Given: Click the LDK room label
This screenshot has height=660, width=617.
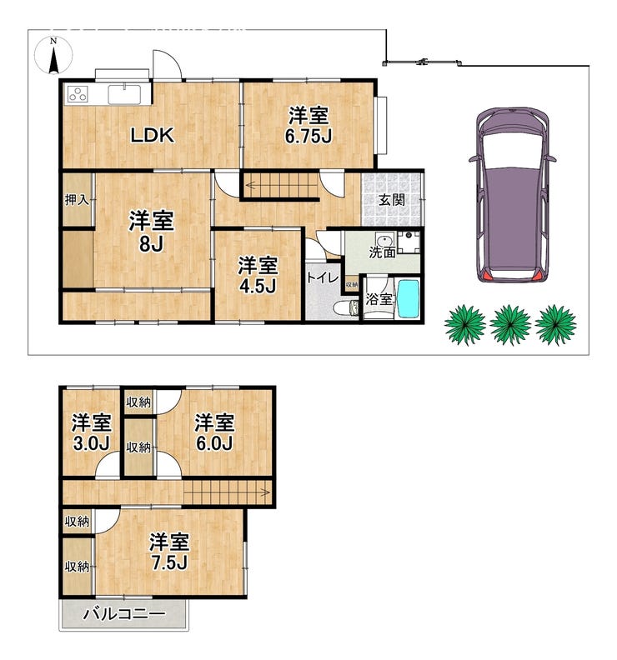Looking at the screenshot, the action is point(152,136).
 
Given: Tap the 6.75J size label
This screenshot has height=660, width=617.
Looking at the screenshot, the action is point(308,136).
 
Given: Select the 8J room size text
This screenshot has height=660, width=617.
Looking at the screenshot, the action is point(151,243).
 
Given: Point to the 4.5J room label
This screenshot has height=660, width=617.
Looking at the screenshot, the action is point(258,286).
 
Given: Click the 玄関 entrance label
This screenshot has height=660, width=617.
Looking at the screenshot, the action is point(392,199).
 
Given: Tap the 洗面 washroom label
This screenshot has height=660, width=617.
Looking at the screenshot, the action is point(383,252).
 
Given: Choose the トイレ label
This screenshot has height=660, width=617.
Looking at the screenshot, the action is point(323,277).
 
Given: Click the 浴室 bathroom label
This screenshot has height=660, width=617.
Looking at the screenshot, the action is point(379,299).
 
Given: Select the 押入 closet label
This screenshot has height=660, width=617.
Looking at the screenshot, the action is point(77,200).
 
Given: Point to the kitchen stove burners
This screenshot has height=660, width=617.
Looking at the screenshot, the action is point(78,94).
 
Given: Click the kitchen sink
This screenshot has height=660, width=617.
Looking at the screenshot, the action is point(124,94).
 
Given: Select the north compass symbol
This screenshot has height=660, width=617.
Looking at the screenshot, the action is point(53,56).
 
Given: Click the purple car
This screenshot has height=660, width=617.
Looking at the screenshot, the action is point(512,194).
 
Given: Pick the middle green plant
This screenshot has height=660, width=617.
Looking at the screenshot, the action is point(510,324).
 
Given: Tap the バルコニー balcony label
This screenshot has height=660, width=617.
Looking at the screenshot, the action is point(124,614).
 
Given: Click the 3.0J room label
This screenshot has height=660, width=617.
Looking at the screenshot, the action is point(92,443).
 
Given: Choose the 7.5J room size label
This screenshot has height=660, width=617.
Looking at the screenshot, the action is point(169,562).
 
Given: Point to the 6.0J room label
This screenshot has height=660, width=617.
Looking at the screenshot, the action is point(214,443).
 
